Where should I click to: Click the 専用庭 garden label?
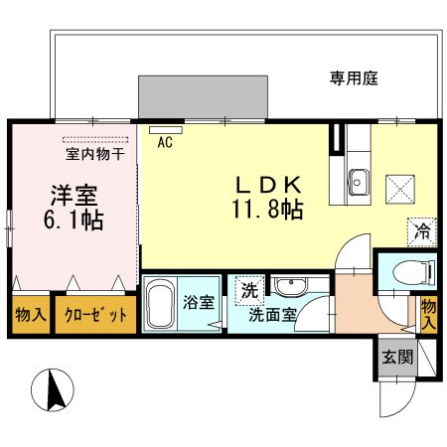point(354,76)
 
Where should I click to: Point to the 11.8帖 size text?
point(267,210)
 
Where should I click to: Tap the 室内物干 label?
point(94,155)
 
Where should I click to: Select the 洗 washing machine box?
point(245,291)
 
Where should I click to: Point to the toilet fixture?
point(409,271)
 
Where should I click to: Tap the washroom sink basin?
point(290,288)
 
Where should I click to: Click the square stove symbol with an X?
point(401,184)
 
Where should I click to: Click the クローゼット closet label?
point(95,315)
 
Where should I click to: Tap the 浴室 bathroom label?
point(199,302)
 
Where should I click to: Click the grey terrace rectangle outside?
point(204,96)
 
